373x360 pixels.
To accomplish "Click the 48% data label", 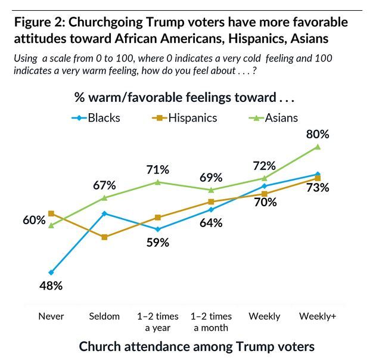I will click(x=51, y=286).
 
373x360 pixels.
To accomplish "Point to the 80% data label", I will click(x=318, y=134).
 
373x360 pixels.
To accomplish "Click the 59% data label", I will click(x=158, y=243).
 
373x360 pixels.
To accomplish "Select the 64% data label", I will click(x=210, y=223).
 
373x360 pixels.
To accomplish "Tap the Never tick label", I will click(x=51, y=316).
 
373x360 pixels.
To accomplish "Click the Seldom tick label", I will click(x=104, y=316).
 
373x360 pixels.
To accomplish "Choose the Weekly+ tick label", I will click(x=318, y=316).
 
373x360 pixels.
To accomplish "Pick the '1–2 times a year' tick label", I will click(x=158, y=321).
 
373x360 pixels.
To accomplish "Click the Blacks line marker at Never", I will click(x=51, y=272).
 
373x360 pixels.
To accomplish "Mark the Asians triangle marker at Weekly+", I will click(x=318, y=147).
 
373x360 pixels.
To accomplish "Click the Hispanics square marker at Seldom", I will click(x=104, y=237).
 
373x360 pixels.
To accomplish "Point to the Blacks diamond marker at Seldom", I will click(x=104, y=213).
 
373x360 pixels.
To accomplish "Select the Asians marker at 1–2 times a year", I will click(x=158, y=182).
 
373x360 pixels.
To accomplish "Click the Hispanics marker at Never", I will click(x=51, y=213).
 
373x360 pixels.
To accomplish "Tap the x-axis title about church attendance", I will click(x=197, y=346).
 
